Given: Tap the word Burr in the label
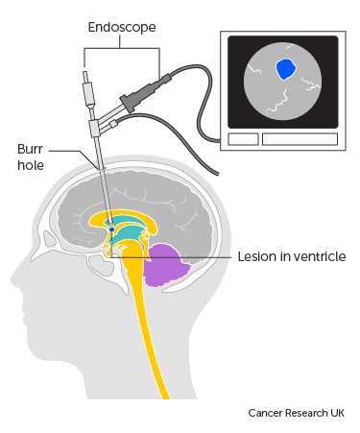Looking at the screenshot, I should click(x=31, y=150).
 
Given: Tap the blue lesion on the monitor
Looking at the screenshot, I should click(x=284, y=69).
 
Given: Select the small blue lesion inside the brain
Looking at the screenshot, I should click(x=111, y=230).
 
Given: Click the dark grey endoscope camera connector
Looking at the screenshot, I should click(x=140, y=93).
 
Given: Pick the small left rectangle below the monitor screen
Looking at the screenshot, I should click(x=243, y=139).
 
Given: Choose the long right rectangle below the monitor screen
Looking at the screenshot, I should click(x=300, y=139).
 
